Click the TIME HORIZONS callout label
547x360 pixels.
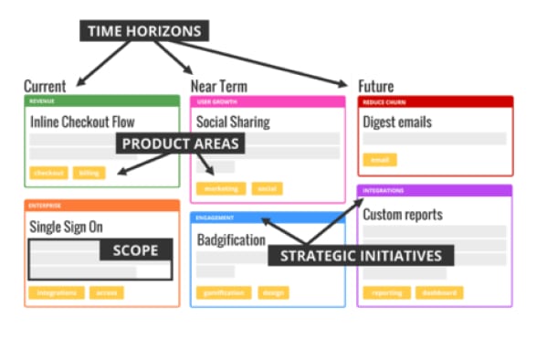pyautogui.click(x=144, y=30)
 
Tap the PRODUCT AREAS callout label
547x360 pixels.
pyautogui.click(x=181, y=143)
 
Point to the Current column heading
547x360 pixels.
pyautogui.click(x=45, y=86)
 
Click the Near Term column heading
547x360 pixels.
pyautogui.click(x=219, y=86)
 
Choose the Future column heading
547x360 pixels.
pyautogui.click(x=376, y=86)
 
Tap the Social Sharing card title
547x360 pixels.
pyautogui.click(x=235, y=122)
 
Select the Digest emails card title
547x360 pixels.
pyautogui.click(x=397, y=122)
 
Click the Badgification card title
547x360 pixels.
pyautogui.click(x=231, y=240)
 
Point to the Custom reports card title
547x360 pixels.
pyautogui.click(x=403, y=215)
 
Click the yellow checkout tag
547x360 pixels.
pyautogui.click(x=48, y=173)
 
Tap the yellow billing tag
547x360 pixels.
pyautogui.click(x=89, y=173)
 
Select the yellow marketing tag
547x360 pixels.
pyautogui.click(x=220, y=188)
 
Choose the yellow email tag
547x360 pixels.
pyautogui.click(x=379, y=160)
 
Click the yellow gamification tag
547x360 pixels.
pyautogui.click(x=223, y=293)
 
